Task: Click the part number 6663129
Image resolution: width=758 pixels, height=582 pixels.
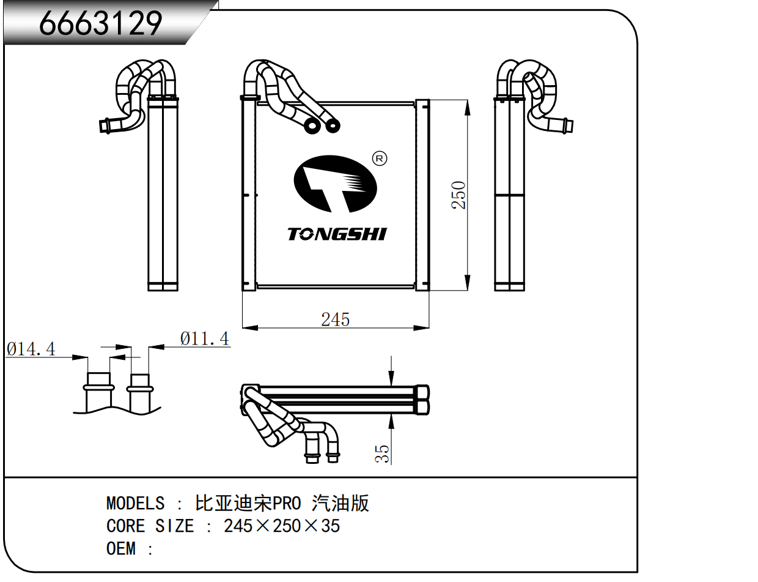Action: coord(101,23)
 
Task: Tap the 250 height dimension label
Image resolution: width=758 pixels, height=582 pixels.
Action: coord(458,195)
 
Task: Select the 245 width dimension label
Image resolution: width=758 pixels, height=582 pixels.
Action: coord(336,319)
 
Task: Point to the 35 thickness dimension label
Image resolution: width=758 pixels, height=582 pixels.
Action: coord(382,453)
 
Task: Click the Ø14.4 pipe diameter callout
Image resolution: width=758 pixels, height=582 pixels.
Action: coord(31,349)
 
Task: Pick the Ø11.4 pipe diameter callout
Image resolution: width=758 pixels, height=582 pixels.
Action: coord(205,338)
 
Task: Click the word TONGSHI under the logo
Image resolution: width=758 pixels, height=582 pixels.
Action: coord(337,234)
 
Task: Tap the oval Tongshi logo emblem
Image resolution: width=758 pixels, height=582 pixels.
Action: coord(335,183)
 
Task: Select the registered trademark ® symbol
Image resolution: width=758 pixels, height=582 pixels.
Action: coord(380,159)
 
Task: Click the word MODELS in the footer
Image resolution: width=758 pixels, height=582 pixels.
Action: coord(135,503)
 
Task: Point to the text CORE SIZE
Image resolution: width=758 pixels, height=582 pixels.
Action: coord(150,526)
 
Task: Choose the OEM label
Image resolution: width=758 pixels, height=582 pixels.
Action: coord(121,548)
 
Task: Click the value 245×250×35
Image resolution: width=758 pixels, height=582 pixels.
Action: coord(282,526)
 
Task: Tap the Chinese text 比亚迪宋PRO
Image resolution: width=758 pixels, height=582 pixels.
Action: coord(248,503)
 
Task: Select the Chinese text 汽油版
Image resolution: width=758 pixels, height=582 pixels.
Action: coord(340,503)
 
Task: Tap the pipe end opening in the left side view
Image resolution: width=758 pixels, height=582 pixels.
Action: coord(103,126)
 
